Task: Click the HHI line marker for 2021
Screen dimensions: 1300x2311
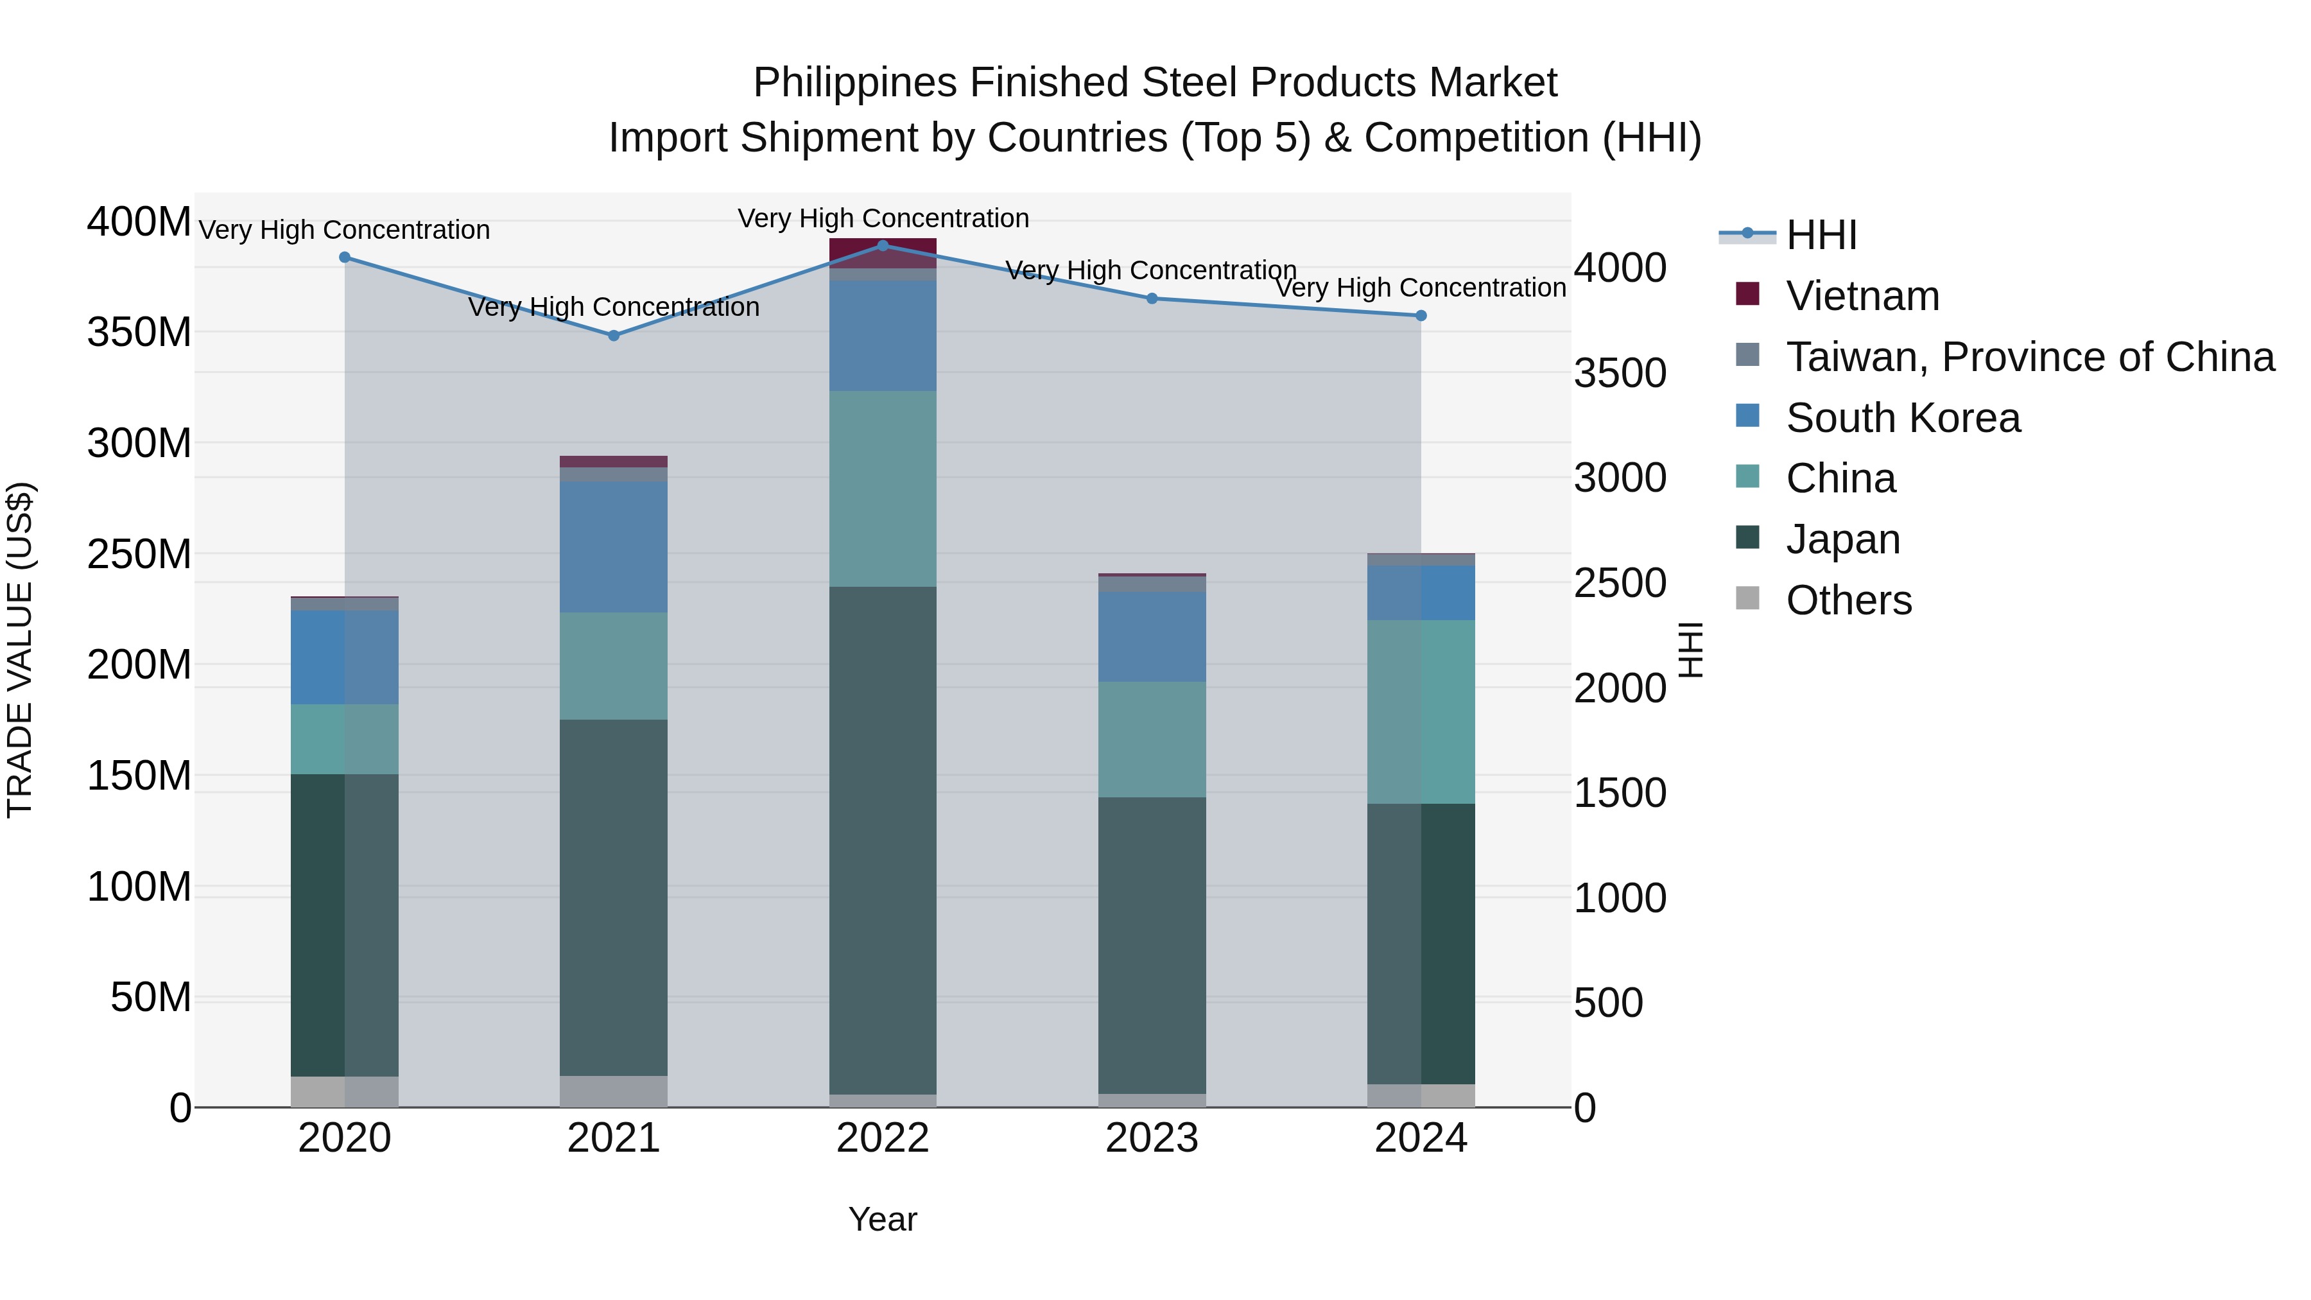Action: point(614,336)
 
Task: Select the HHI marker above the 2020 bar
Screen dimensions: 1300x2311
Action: point(345,257)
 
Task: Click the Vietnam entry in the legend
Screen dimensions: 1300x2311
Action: point(1862,296)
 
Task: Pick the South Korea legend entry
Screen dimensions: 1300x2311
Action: point(1902,418)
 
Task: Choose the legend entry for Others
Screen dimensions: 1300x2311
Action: point(1848,600)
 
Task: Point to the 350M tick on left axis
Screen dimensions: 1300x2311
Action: point(139,333)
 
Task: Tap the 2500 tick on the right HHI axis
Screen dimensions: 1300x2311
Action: point(1620,583)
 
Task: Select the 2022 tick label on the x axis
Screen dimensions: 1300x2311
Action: point(882,1138)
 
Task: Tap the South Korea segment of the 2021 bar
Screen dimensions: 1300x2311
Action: point(614,547)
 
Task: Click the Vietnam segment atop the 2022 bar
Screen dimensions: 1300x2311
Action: point(882,253)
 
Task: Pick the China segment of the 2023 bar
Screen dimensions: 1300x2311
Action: point(1151,740)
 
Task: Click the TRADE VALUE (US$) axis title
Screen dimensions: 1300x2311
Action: point(20,650)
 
